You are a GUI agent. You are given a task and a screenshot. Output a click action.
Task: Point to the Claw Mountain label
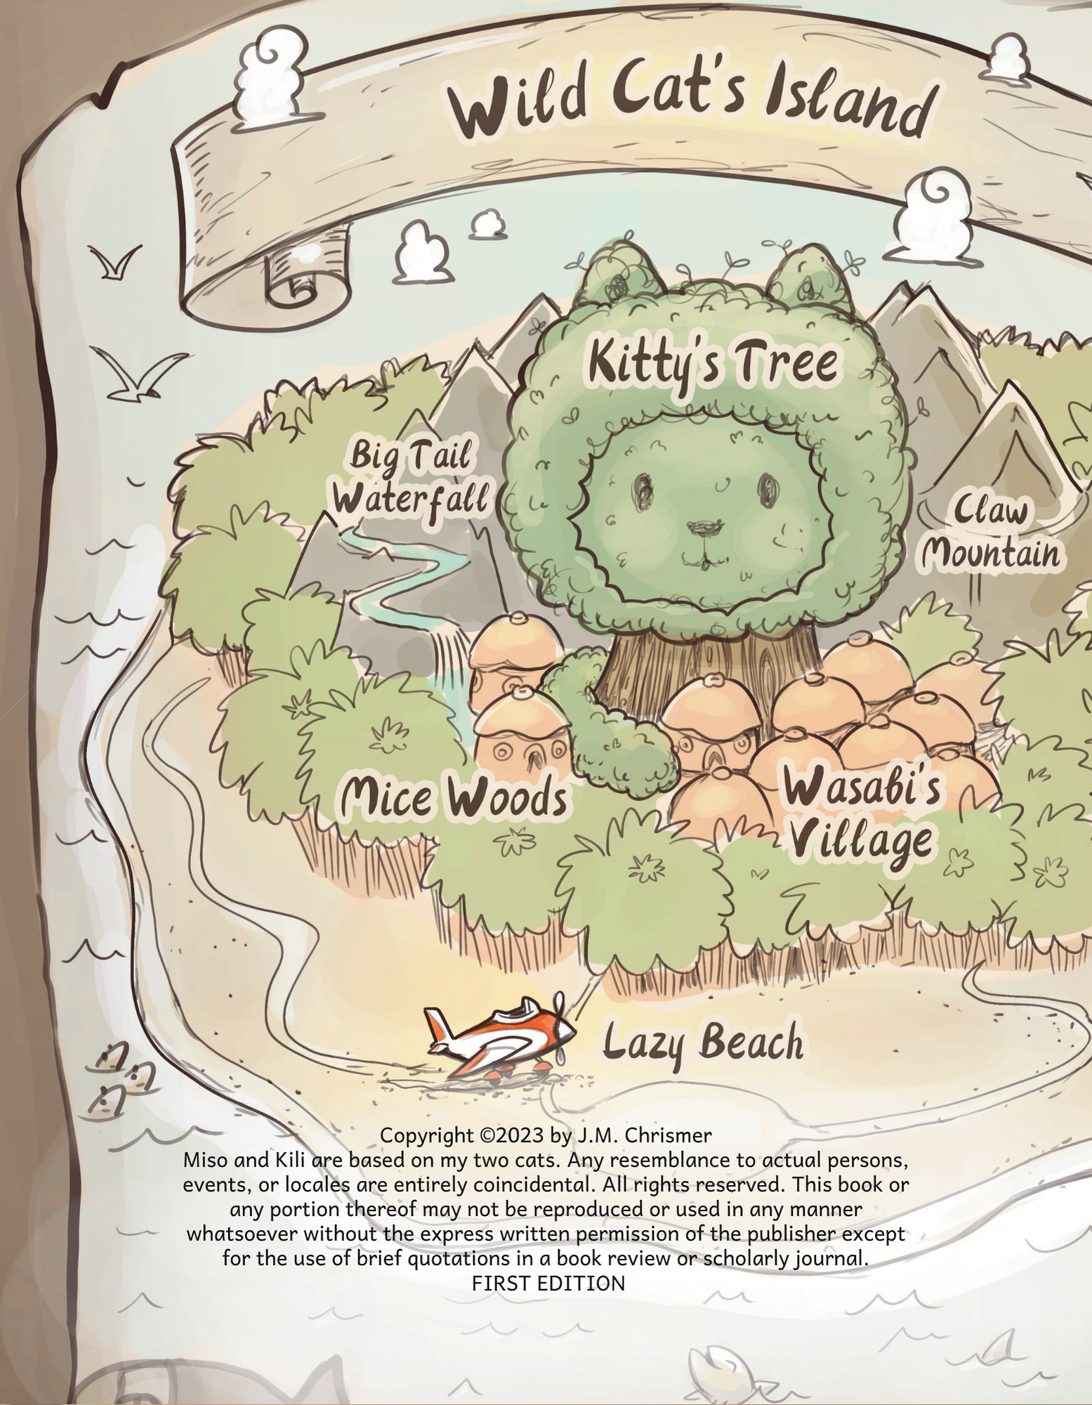[x=990, y=534]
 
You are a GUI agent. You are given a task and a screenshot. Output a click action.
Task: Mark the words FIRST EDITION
[x=548, y=1283]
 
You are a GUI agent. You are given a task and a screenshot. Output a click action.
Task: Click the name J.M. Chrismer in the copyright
[x=643, y=1135]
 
